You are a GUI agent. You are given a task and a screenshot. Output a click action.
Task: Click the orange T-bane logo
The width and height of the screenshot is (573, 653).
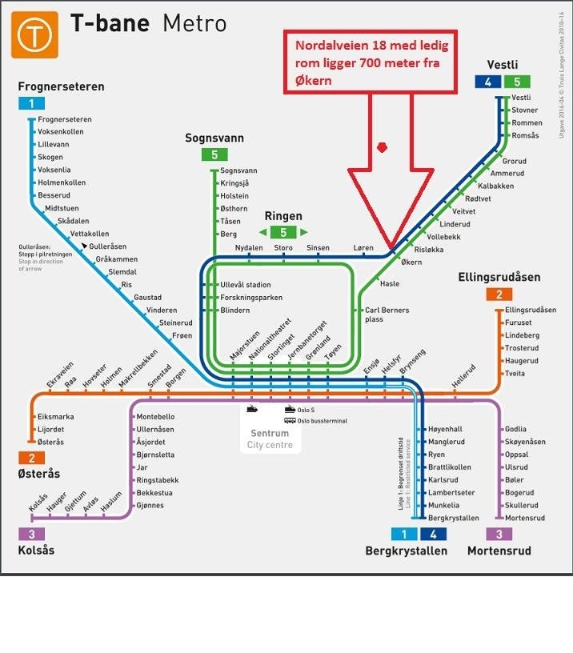35,34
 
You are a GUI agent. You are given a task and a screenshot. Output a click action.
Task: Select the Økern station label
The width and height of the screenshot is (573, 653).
411,262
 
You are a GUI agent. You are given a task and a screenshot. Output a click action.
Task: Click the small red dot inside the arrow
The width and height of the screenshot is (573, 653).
383,147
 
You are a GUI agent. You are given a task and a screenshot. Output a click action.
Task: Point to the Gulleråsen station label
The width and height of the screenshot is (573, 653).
108,246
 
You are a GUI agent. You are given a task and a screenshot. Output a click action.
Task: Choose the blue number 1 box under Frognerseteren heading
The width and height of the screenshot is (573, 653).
31,103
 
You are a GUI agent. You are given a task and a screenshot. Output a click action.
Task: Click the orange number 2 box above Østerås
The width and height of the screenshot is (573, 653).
31,458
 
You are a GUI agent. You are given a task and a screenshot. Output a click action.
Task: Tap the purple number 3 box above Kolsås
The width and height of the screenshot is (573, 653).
31,534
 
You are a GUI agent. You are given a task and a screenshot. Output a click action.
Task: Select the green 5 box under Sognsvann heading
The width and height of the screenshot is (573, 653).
214,155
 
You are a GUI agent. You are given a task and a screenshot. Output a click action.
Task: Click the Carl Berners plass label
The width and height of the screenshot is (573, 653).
387,314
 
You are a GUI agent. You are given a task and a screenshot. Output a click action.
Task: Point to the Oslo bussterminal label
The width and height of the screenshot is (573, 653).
322,421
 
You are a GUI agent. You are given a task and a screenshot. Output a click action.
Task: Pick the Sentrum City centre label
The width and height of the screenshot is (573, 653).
270,439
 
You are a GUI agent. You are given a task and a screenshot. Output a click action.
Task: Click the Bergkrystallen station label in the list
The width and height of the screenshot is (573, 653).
454,518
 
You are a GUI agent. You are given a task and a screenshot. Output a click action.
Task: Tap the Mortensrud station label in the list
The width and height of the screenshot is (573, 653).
525,518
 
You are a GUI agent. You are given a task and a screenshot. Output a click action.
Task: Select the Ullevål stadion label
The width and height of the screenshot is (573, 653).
245,285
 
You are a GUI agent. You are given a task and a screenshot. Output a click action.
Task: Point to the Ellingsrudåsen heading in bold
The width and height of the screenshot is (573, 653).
499,278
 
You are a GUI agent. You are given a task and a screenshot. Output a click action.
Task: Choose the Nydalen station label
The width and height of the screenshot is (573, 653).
249,248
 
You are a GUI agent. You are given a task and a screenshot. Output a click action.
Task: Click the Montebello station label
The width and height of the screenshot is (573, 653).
156,417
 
